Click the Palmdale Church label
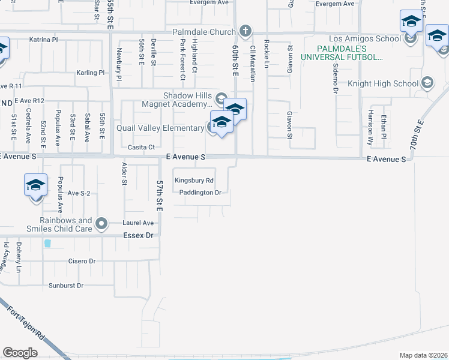coord(205,31)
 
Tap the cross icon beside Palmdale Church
coord(246,31)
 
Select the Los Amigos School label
coord(364,39)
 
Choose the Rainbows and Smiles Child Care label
coord(59,224)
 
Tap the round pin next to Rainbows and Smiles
coord(102,224)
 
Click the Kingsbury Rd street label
coord(193,180)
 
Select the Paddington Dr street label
coord(200,193)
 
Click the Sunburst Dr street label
coord(66,286)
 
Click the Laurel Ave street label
coord(139,223)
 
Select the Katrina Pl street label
coord(43,40)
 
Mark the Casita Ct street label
coord(141,147)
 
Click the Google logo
coord(20,352)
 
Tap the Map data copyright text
coord(423,355)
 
